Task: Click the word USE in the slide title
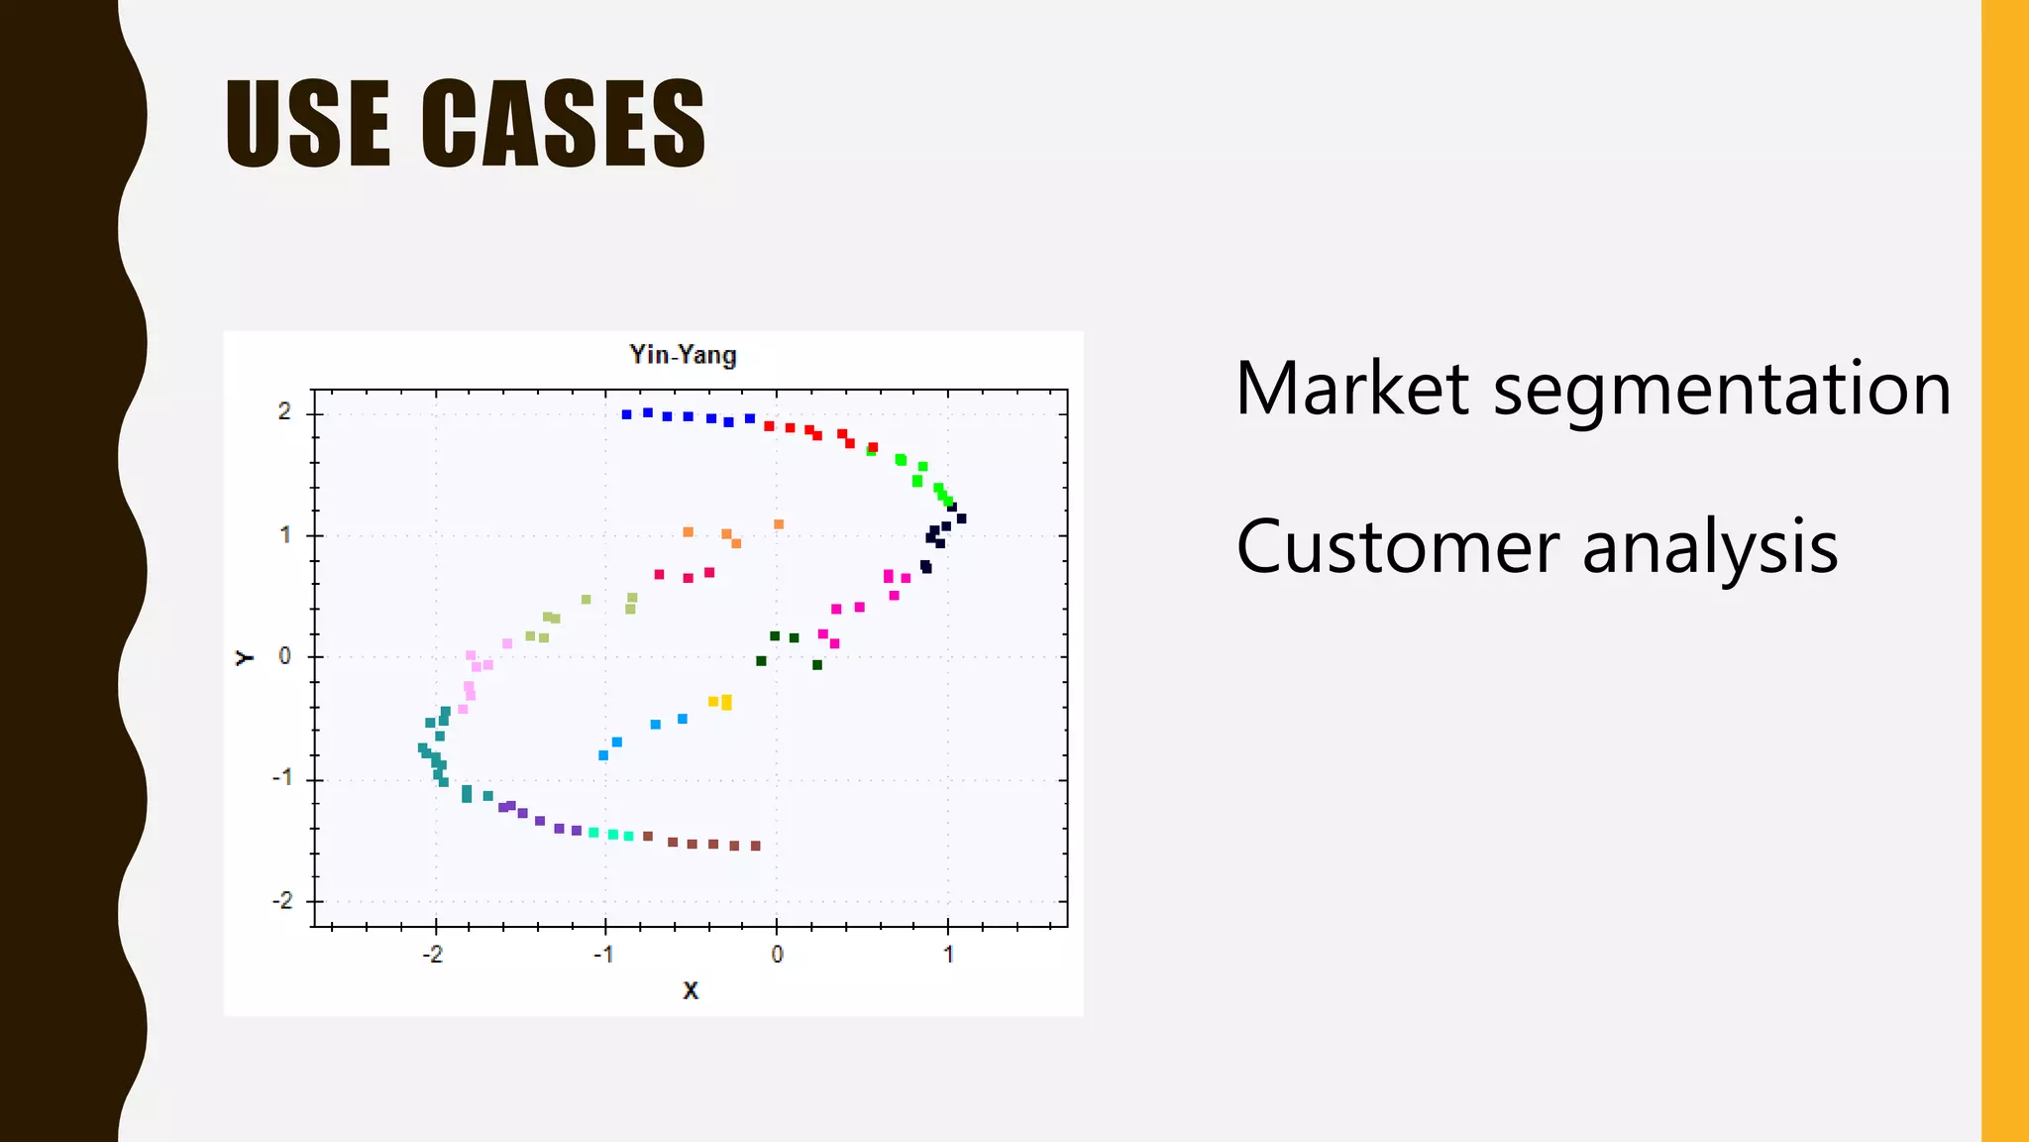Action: pyautogui.click(x=307, y=124)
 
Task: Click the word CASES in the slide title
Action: pyautogui.click(x=563, y=124)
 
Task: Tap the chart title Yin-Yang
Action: pyautogui.click(x=683, y=355)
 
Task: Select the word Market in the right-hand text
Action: pyautogui.click(x=1351, y=389)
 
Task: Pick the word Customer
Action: pyautogui.click(x=1397, y=547)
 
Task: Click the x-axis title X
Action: pyautogui.click(x=691, y=989)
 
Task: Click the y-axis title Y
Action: pyautogui.click(x=244, y=657)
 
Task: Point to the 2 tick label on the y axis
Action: pyautogui.click(x=285, y=411)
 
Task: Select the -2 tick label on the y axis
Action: pyautogui.click(x=282, y=901)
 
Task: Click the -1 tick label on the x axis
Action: pyautogui.click(x=602, y=955)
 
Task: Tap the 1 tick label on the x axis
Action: pyautogui.click(x=948, y=955)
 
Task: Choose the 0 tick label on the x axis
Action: pyautogui.click(x=777, y=955)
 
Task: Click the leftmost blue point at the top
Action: pyautogui.click(x=626, y=414)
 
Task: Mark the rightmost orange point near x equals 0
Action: pyautogui.click(x=779, y=524)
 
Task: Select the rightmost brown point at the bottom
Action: pyautogui.click(x=756, y=846)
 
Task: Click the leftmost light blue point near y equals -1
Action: pyautogui.click(x=603, y=755)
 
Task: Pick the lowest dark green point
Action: pyautogui.click(x=817, y=665)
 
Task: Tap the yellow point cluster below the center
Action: pyautogui.click(x=722, y=703)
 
